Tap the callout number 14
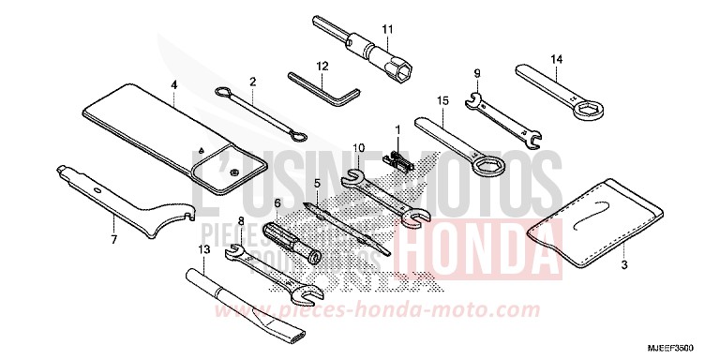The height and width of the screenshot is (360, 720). click(555, 61)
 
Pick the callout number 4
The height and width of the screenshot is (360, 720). click(174, 83)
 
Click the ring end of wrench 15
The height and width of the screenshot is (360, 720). click(487, 167)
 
